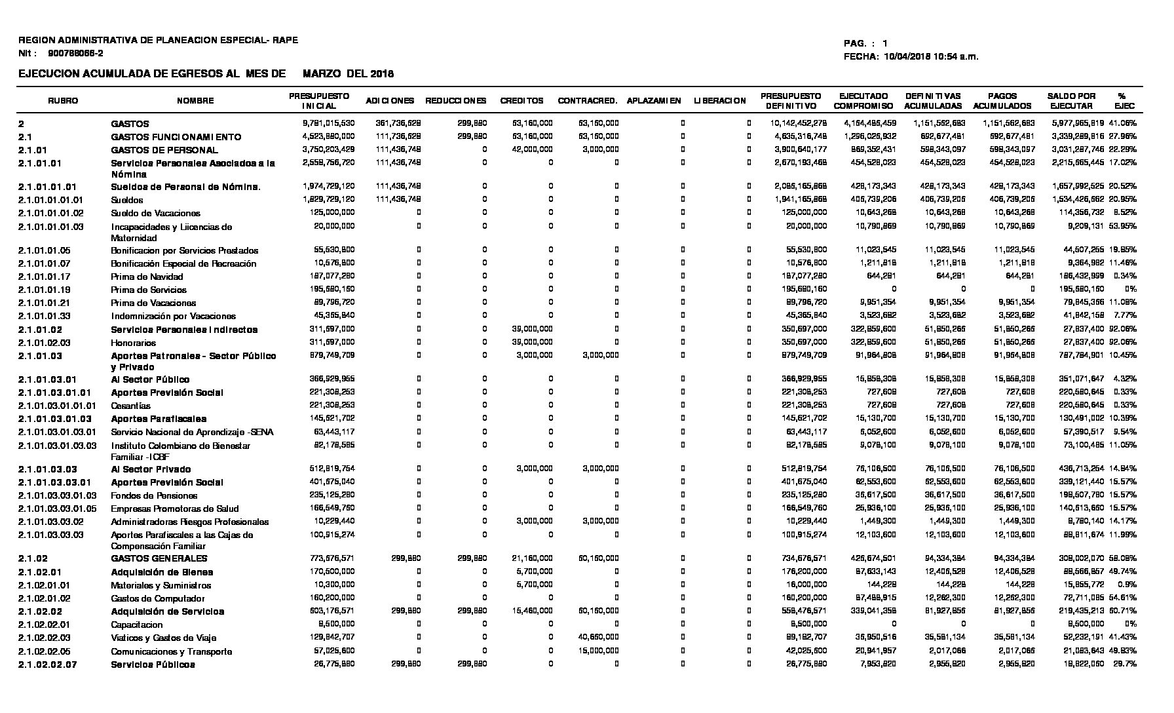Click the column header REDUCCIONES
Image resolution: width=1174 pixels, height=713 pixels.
click(456, 101)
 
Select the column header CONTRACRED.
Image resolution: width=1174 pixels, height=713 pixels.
click(587, 101)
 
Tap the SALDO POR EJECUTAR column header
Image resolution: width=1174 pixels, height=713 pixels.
click(1071, 101)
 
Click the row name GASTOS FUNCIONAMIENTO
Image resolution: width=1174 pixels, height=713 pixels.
click(176, 137)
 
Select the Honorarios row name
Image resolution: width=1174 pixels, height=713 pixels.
click(133, 343)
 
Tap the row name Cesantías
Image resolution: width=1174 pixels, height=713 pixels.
click(130, 406)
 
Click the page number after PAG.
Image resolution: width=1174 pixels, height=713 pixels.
click(885, 43)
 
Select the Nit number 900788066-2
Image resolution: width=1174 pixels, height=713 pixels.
click(75, 53)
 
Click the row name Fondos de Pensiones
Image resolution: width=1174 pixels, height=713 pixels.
click(154, 495)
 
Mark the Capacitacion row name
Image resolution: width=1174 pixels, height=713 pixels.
click(137, 625)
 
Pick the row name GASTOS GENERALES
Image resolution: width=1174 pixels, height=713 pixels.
click(159, 558)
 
